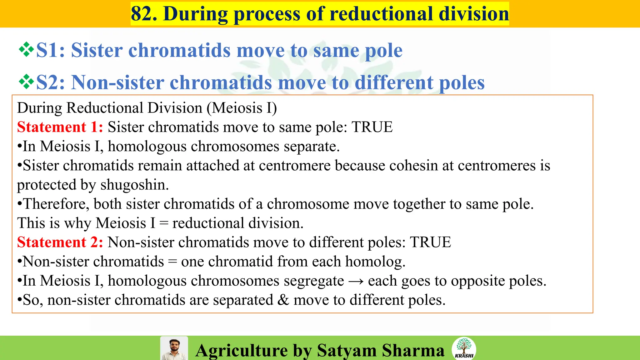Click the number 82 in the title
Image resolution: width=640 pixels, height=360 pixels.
tap(144, 14)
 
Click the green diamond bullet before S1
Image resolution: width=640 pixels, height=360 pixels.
tap(26, 50)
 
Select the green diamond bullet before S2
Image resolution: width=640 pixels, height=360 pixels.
tap(26, 82)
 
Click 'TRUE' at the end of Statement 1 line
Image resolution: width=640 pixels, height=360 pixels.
tap(372, 127)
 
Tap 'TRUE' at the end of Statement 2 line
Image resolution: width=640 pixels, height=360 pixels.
tap(430, 242)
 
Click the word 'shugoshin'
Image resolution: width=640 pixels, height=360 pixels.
tap(133, 185)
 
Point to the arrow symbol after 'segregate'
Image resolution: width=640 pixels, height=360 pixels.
tap(356, 281)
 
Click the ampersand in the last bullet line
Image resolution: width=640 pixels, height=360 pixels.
tap(283, 300)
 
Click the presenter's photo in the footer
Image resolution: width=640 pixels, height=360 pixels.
tap(174, 348)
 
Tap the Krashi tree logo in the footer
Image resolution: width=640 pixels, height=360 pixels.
tap(464, 348)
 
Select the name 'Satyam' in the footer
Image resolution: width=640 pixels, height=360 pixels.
tap(347, 350)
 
